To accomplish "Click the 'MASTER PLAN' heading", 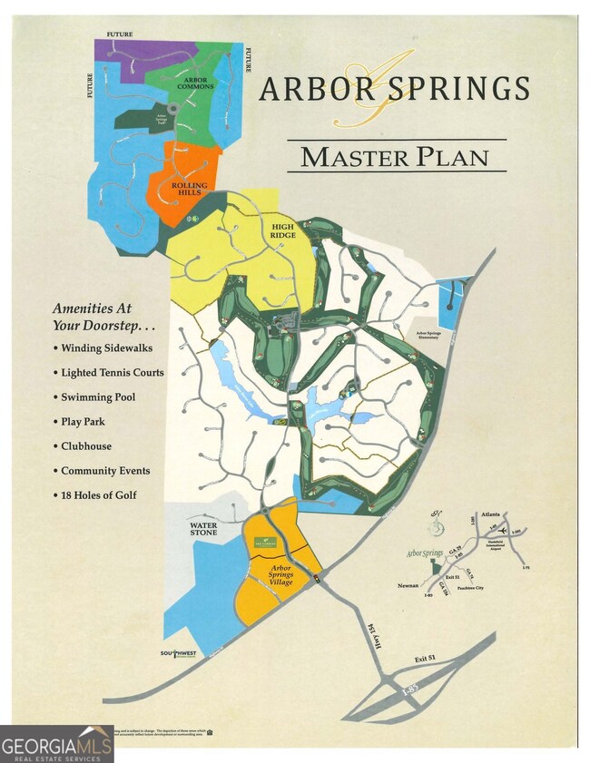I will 395,156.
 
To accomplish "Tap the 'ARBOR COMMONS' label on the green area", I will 198,83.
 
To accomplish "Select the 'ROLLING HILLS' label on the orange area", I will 189,188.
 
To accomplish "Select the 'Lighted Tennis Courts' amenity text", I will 112,372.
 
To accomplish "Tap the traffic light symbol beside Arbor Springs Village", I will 316,580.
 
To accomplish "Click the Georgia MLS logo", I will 56,743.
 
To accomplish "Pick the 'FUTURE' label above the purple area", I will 119,34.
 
